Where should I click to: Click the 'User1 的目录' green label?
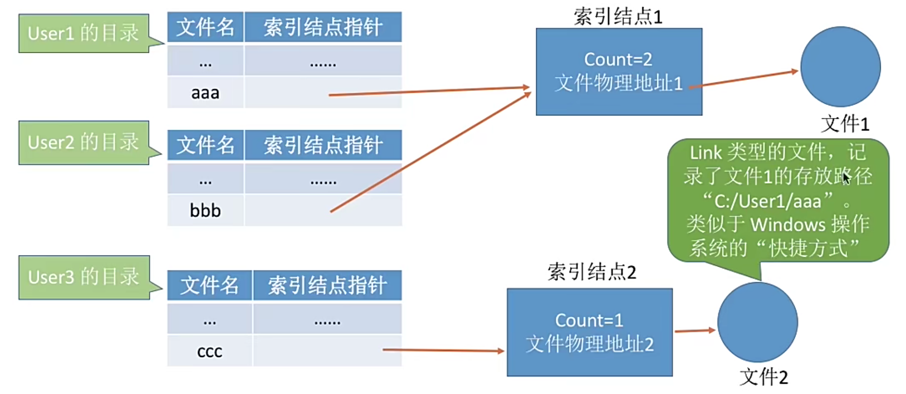pos(84,33)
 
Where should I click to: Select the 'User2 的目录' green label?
pos(84,143)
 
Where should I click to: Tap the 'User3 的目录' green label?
pos(84,277)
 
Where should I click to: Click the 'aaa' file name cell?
pos(205,93)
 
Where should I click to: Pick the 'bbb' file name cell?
pos(205,211)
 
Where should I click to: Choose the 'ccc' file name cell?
pos(209,352)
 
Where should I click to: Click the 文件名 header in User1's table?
pos(205,27)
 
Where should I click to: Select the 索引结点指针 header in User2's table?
pos(323,145)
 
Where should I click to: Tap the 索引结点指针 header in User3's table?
pos(327,285)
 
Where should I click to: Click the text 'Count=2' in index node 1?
pos(618,59)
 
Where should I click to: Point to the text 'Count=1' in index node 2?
pos(589,320)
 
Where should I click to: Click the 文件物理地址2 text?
pos(590,344)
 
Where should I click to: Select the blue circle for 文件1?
pos(840,67)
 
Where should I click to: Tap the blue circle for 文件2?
pos(757,322)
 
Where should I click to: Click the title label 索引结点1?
pos(618,17)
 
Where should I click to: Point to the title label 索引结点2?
pos(591,272)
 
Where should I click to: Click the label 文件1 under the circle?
pos(845,124)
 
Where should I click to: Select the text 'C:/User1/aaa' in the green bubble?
pos(768,201)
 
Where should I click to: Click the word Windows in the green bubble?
pos(788,225)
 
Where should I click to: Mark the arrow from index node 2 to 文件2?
pos(694,331)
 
